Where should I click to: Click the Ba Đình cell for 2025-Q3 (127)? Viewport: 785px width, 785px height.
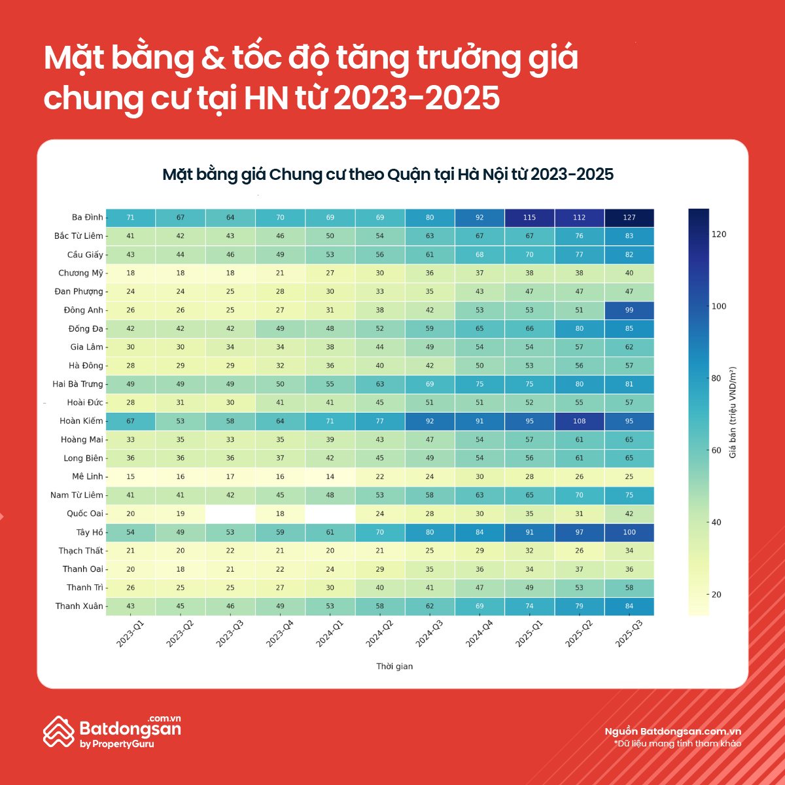click(x=629, y=217)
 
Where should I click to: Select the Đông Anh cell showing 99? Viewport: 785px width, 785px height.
click(x=629, y=310)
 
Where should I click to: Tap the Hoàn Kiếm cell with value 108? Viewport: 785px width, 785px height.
click(x=579, y=421)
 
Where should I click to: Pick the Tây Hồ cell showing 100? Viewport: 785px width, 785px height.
click(x=629, y=532)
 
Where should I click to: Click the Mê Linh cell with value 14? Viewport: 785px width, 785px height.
click(x=330, y=477)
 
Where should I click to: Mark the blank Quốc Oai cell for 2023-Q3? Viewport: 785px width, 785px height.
click(x=230, y=514)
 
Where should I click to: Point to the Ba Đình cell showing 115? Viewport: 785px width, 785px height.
click(x=529, y=217)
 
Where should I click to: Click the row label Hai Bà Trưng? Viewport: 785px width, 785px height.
click(x=78, y=384)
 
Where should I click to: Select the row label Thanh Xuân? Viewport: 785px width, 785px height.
click(x=79, y=606)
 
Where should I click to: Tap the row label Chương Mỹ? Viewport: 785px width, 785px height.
click(x=80, y=273)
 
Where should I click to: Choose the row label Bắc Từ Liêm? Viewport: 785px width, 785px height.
click(x=78, y=236)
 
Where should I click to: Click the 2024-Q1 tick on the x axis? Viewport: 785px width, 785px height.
click(x=330, y=633)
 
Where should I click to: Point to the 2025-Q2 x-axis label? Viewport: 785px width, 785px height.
click(x=579, y=633)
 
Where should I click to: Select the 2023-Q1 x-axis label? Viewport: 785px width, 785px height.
click(x=130, y=633)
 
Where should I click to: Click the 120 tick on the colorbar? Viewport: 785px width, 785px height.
click(x=718, y=234)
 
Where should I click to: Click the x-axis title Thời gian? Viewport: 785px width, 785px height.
click(x=394, y=667)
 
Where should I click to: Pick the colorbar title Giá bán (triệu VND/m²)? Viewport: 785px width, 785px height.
click(x=733, y=412)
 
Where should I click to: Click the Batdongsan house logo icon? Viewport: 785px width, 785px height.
click(x=58, y=731)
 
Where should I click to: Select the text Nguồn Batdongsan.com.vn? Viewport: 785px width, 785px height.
click(x=672, y=731)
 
